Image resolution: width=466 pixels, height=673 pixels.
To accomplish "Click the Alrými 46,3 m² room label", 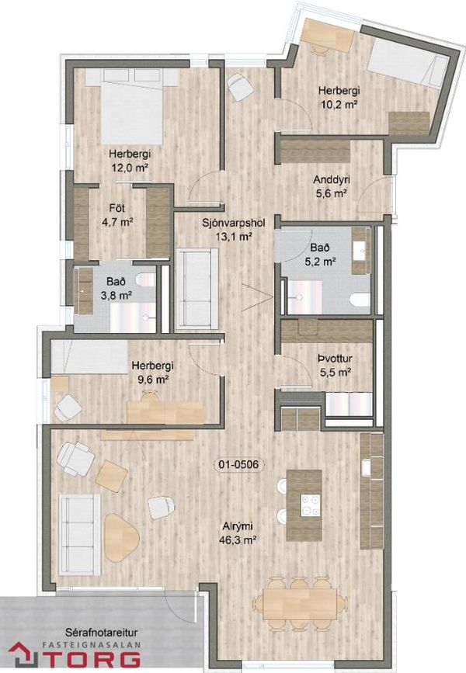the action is [240, 533].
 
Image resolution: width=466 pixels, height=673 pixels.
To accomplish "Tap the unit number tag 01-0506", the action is [238, 464].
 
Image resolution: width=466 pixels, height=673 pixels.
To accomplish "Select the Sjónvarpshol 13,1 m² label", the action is [234, 229].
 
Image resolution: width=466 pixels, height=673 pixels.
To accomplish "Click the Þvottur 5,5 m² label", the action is [336, 364].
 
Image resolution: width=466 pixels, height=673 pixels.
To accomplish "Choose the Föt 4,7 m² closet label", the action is [117, 215].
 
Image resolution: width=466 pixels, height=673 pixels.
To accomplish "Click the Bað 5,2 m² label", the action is [320, 255].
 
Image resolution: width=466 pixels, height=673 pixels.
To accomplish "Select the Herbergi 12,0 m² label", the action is [130, 160].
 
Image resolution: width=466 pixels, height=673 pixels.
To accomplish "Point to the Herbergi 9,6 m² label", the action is [152, 372].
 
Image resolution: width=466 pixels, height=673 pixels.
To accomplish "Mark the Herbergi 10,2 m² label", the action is [339, 98].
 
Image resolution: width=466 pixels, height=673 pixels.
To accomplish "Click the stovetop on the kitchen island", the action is [311, 505].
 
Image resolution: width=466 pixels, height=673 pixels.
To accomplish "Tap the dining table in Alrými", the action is [301, 603].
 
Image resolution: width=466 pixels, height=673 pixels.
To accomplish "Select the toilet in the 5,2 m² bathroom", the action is [360, 300].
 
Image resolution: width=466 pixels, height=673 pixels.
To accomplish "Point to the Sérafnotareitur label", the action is [102, 632].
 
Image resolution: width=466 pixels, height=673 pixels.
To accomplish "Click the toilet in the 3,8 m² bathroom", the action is [145, 280].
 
